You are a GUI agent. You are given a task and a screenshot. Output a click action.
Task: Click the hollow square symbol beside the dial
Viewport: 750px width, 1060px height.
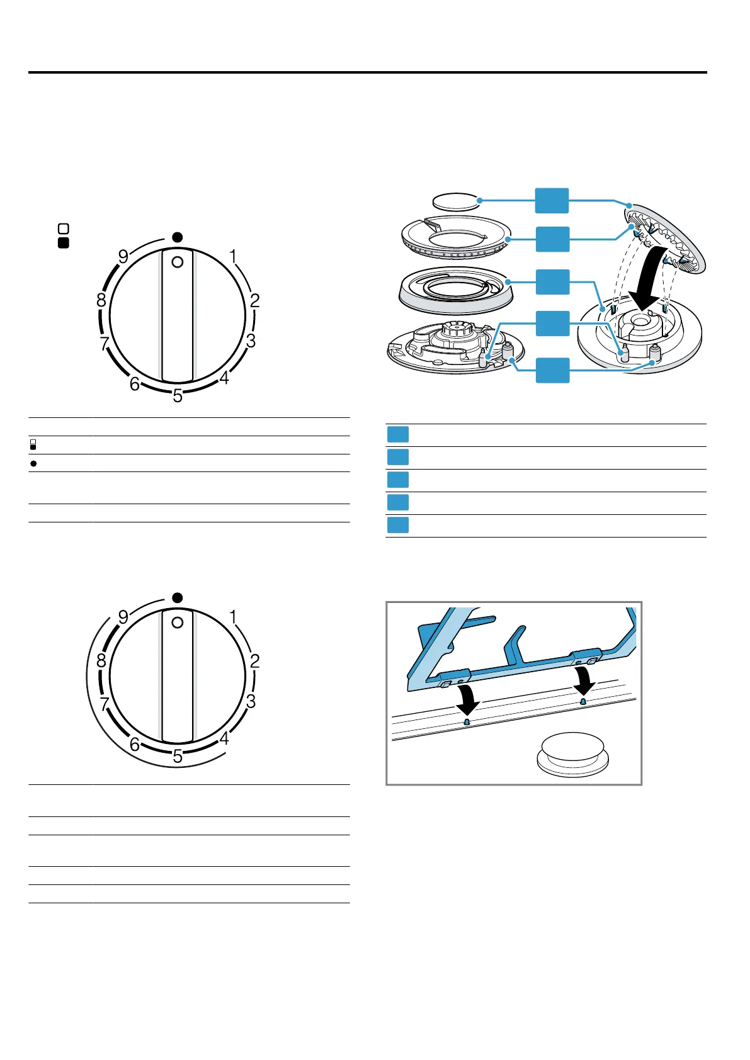[x=63, y=228]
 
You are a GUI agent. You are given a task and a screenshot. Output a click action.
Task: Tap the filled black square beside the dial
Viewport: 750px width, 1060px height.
[x=63, y=243]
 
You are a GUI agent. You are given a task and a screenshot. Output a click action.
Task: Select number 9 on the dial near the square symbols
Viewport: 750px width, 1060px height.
[x=123, y=257]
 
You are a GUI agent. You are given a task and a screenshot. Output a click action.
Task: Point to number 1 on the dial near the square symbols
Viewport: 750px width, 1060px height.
[x=233, y=257]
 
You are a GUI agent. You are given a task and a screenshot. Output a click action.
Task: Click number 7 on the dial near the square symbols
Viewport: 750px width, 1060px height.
[x=105, y=344]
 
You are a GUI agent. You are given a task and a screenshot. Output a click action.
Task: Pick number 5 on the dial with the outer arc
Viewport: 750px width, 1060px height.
[x=178, y=756]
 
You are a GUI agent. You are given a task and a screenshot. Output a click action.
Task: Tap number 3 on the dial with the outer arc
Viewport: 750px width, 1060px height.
[x=251, y=701]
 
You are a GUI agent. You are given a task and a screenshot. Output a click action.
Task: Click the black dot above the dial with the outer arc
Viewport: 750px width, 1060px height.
[x=178, y=597]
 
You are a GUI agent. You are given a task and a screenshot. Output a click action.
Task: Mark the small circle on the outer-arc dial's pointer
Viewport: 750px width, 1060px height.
[x=178, y=622]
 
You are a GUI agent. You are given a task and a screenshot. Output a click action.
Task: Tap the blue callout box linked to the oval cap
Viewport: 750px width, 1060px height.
[x=552, y=201]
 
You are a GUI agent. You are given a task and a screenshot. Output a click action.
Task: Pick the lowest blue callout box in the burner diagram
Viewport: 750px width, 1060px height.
[x=552, y=370]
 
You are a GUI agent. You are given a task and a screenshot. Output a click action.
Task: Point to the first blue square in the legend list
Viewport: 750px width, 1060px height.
[x=397, y=434]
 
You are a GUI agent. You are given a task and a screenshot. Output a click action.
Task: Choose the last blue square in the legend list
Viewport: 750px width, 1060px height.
[x=397, y=525]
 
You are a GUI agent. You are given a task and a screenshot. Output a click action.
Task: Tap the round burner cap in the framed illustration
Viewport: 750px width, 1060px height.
[x=572, y=752]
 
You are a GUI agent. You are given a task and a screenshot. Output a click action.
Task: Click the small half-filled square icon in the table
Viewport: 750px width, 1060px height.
[x=33, y=445]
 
